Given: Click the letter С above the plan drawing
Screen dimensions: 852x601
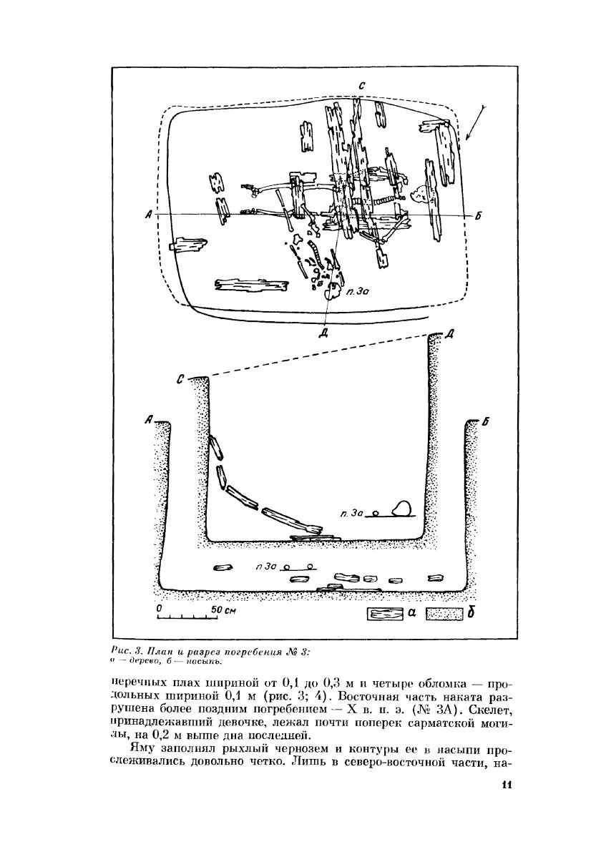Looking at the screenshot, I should (x=363, y=86).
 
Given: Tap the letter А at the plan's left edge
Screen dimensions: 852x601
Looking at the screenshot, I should (x=146, y=215).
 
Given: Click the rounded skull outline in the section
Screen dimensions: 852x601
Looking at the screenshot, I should (x=401, y=508).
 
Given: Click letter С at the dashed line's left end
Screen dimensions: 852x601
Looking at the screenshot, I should (x=181, y=378).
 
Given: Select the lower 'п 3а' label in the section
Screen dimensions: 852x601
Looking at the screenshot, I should (x=266, y=567).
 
